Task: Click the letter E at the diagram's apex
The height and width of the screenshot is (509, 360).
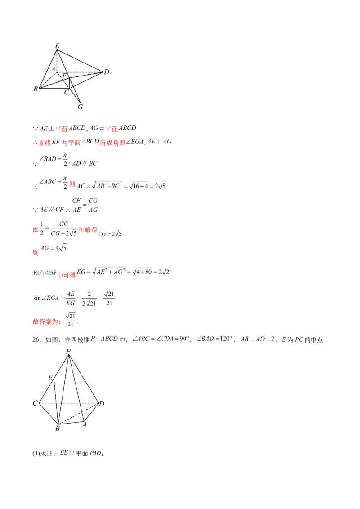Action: point(57,45)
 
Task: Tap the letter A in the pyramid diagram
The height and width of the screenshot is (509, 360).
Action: point(53,69)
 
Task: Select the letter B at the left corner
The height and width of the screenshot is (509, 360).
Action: point(35,89)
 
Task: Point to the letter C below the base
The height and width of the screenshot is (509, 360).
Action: point(66,93)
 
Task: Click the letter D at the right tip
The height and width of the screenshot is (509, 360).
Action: point(107,72)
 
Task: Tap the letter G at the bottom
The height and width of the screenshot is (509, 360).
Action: point(80,107)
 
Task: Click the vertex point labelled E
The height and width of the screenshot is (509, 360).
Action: point(57,49)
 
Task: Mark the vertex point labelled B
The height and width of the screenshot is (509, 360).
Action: point(40,88)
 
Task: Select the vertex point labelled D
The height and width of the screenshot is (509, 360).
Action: point(103,71)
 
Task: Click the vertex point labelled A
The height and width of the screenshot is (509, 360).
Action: point(57,71)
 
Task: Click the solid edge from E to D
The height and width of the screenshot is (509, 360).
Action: point(80,60)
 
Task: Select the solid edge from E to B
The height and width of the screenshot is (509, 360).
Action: point(48,69)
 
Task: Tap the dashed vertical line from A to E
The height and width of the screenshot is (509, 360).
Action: point(57,61)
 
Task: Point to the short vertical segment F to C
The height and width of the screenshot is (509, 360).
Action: point(69,84)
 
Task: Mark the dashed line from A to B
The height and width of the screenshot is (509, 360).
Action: point(48,80)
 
